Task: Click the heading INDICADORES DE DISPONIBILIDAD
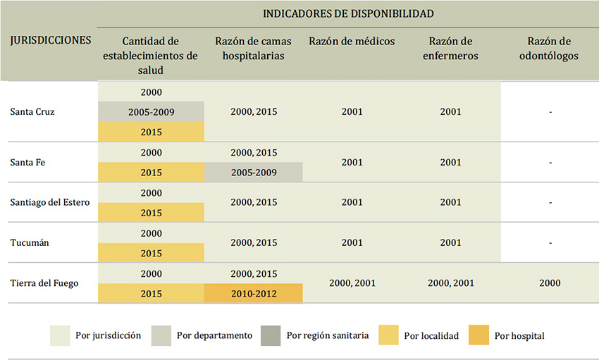pos(348,13)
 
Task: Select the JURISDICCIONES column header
pos(50,40)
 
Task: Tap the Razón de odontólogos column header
pos(550,48)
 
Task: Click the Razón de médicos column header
pos(352,41)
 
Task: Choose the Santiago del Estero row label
pos(50,203)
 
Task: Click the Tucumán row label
pos(30,243)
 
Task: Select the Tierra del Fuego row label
pos(44,283)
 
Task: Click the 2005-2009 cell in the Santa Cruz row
pos(151,112)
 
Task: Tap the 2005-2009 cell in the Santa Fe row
pos(253,173)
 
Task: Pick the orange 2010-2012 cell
pos(253,293)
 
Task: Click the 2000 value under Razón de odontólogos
pos(550,283)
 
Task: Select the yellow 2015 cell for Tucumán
pos(151,253)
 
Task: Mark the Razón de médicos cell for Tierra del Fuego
pos(352,283)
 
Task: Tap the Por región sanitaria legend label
pos(327,335)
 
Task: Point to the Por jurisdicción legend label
pos(108,335)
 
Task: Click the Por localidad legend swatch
pos(388,335)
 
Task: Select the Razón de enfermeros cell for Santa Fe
pos(450,163)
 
